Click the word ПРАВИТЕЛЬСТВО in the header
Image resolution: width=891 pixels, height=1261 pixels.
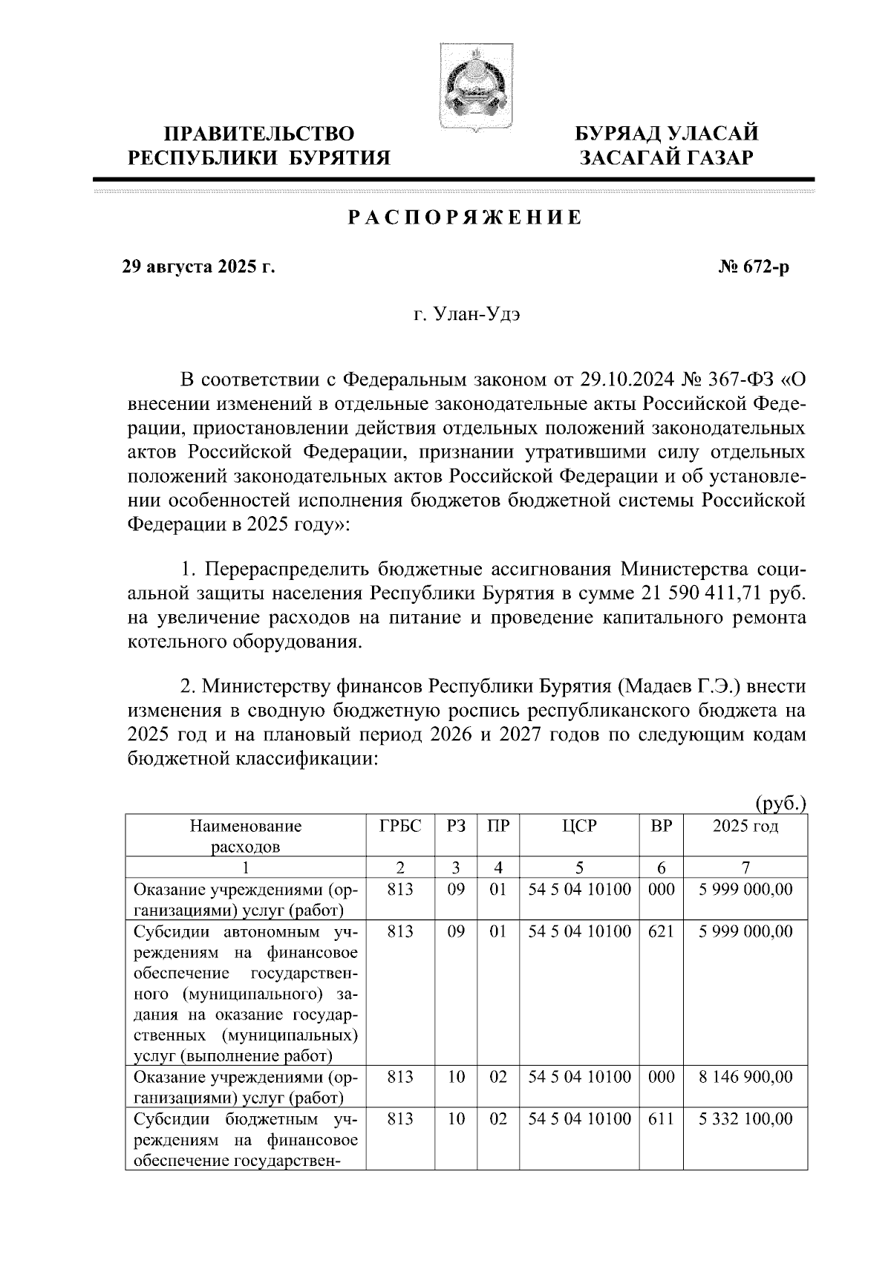(x=259, y=134)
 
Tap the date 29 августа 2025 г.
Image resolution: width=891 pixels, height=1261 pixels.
(x=198, y=267)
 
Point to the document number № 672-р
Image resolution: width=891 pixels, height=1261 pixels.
(x=749, y=267)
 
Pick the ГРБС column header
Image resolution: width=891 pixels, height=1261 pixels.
(x=400, y=827)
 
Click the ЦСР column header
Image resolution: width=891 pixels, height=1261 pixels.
(x=579, y=827)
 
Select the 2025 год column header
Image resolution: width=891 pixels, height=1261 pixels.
(x=745, y=827)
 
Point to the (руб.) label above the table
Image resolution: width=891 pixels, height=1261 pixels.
(x=780, y=803)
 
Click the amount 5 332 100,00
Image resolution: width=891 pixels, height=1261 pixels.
(x=745, y=1118)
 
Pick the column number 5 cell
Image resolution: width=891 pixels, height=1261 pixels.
(x=579, y=867)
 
